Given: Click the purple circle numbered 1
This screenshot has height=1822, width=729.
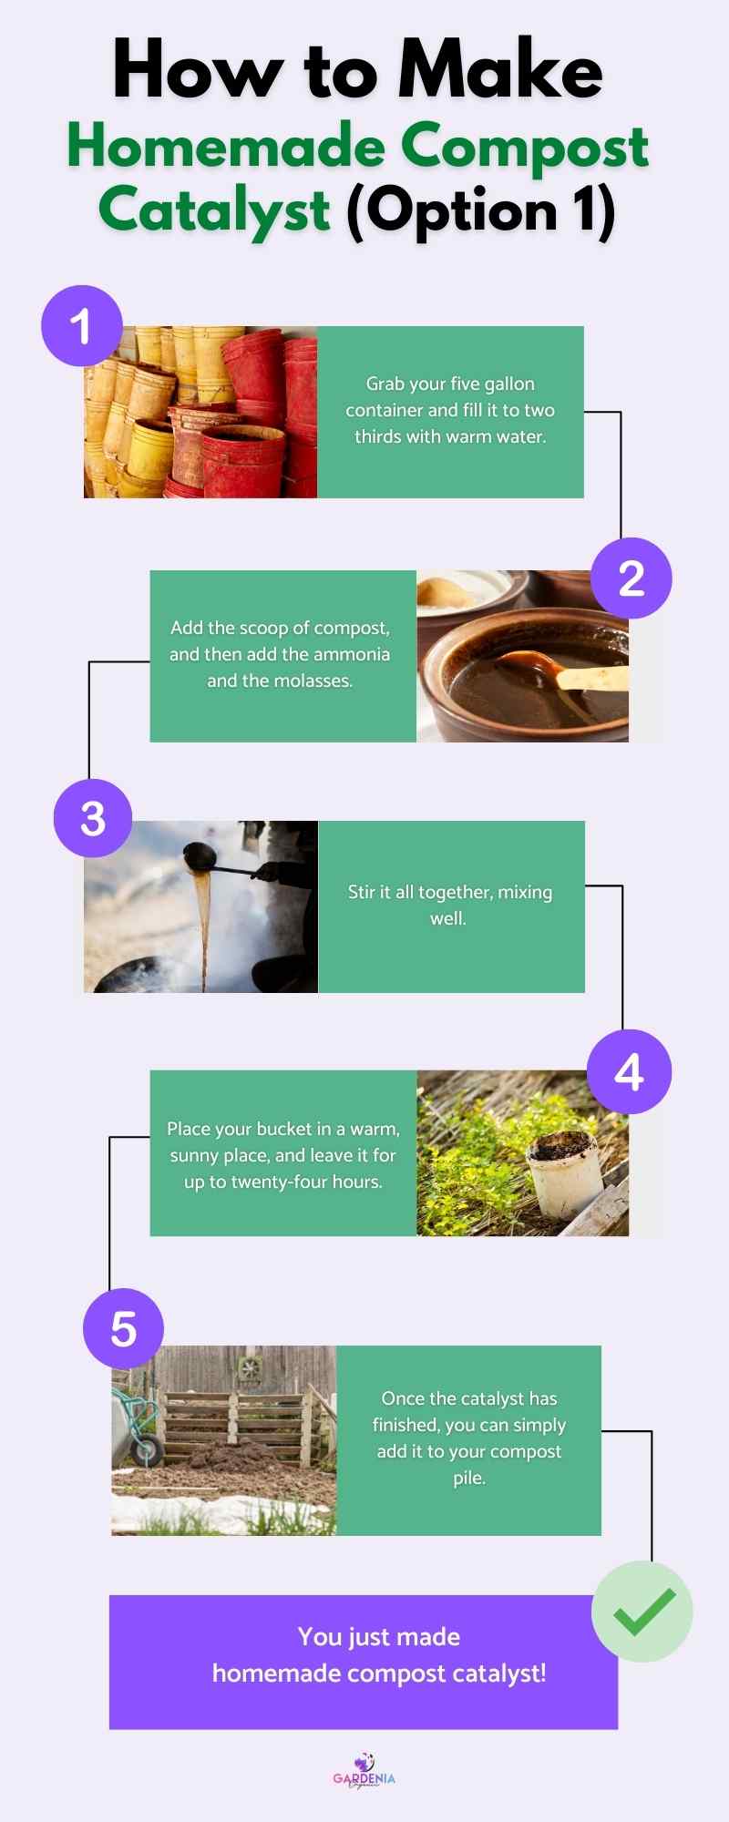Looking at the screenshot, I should click(x=82, y=326).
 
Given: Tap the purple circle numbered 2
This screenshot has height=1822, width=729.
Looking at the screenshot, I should click(x=631, y=578).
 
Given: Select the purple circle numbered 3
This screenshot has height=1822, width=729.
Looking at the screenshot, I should click(x=93, y=818).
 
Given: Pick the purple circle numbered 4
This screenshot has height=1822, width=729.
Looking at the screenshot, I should click(x=629, y=1072).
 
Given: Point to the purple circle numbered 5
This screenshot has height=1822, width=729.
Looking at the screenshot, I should click(x=123, y=1328).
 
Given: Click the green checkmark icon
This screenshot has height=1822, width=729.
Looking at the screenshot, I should click(x=642, y=1611).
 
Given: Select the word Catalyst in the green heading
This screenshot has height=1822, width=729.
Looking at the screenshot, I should click(x=214, y=210).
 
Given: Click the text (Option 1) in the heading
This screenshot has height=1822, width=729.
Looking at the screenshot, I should click(x=481, y=211).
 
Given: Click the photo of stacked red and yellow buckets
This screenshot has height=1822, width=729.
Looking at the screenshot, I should click(x=200, y=412).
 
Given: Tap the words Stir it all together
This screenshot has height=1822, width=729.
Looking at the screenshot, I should click(x=419, y=892).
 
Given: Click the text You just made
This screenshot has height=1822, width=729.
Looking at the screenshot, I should click(x=378, y=1637).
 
